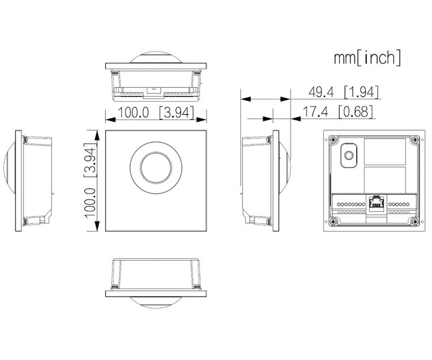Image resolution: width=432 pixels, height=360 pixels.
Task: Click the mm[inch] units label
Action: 367,57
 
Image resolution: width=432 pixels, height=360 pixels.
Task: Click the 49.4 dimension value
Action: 321,92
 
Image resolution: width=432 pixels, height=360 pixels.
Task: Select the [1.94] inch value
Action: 362,92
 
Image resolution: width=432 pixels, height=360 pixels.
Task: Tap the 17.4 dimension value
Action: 315,112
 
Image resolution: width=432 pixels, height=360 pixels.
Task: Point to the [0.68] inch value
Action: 356,112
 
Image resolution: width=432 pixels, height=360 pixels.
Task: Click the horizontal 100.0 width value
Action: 133,112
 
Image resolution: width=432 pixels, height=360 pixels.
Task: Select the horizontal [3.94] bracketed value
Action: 176,112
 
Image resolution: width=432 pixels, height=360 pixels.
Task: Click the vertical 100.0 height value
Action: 91,203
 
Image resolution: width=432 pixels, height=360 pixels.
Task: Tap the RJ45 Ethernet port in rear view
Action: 376,204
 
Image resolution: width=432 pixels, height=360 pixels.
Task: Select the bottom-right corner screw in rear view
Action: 414,221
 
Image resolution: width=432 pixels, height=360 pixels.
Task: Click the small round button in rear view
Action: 349,155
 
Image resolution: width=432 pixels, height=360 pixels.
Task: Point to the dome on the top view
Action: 156,57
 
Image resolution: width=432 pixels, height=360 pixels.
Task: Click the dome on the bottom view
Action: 156,303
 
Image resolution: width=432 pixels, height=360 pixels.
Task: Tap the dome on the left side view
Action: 9,168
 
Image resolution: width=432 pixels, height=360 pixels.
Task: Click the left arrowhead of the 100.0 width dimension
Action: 110,120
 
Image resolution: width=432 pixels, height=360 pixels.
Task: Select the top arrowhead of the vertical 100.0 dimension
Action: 96,135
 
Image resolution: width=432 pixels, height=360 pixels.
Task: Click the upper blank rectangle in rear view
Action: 385,152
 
